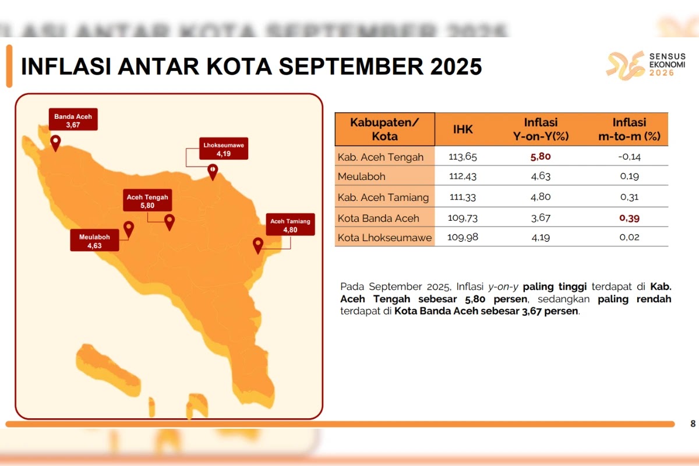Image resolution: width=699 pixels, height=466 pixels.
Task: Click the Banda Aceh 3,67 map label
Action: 73,119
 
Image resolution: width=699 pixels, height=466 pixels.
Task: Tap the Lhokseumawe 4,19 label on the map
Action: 224,149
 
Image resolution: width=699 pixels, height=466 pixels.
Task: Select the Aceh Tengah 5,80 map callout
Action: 147,200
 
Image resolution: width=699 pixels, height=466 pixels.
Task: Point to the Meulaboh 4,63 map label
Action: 94,241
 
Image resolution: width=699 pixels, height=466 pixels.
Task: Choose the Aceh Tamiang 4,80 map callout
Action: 290,225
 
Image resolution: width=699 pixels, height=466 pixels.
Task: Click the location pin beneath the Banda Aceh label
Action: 55,143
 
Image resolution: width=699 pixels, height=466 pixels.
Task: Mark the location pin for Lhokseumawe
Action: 213,172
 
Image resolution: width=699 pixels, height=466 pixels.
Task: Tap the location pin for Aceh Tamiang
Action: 258,245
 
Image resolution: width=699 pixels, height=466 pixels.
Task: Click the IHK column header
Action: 463,129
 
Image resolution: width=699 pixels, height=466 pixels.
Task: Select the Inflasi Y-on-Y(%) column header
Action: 541,129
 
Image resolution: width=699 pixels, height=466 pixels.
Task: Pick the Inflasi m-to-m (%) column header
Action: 629,129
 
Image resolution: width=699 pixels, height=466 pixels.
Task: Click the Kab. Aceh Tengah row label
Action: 380,157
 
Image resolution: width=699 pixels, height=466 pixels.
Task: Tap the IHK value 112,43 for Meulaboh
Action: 463,176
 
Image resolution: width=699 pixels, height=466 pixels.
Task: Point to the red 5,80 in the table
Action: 541,156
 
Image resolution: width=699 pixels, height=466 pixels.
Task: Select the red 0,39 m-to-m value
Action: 630,218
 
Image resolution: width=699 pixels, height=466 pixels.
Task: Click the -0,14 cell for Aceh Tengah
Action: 630,156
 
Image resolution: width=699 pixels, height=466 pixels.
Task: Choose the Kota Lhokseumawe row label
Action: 384,238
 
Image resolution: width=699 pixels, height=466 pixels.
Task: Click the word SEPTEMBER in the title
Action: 351,66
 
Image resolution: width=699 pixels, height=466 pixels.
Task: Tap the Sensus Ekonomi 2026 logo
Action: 645,65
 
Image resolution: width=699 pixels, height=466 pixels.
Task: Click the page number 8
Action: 693,423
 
